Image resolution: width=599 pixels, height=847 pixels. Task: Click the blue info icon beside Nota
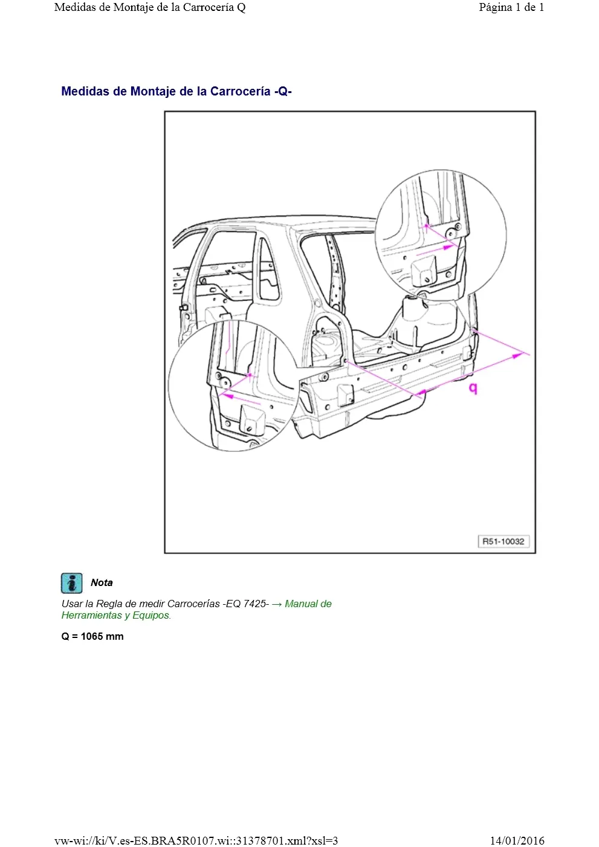(71, 583)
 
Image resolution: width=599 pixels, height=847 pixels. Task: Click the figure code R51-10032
(503, 541)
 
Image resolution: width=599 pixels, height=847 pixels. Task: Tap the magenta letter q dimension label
(473, 388)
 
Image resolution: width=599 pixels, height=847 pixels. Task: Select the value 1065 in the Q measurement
(91, 636)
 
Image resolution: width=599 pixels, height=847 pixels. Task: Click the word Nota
(102, 582)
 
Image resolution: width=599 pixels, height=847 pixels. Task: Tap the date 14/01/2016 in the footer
(517, 840)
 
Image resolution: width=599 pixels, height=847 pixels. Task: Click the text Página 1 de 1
(511, 7)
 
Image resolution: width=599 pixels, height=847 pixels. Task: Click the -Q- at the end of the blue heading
(283, 91)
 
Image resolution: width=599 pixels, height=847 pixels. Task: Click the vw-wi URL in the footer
(196, 840)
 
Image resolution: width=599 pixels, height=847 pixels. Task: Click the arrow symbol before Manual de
(277, 604)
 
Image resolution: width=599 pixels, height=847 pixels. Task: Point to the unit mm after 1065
(115, 637)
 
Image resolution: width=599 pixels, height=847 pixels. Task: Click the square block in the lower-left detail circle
(253, 419)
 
